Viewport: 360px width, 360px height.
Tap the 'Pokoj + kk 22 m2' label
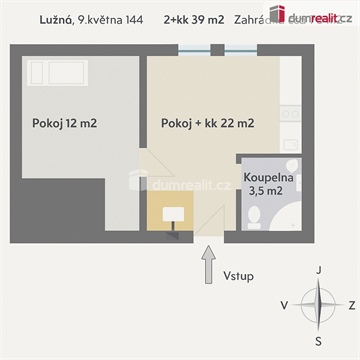pyautogui.click(x=207, y=124)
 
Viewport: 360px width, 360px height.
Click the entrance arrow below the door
pyautogui.click(x=208, y=267)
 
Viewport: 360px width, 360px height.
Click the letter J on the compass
pyautogui.click(x=318, y=270)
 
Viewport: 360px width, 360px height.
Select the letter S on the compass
pyautogui.click(x=318, y=339)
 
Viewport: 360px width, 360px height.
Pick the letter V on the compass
pyautogui.click(x=285, y=305)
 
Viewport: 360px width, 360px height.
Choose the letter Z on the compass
pyautogui.click(x=351, y=305)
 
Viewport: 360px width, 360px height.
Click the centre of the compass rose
pyautogui.click(x=318, y=305)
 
